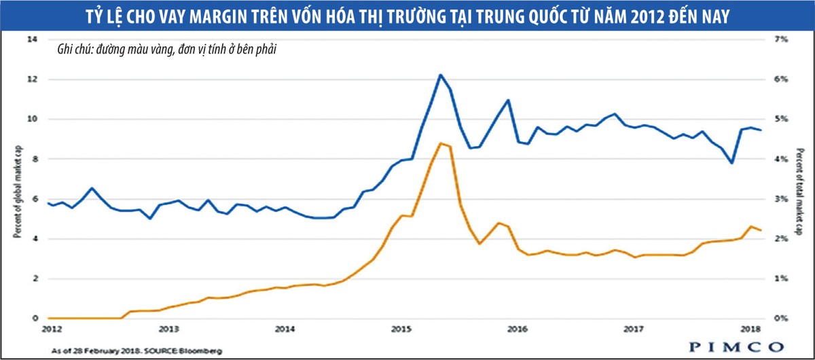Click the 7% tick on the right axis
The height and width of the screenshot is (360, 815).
[781, 39]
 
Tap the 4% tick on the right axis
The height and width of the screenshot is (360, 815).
[781, 159]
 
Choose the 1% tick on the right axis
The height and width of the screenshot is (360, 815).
[781, 278]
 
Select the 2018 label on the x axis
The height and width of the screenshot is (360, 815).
[750, 329]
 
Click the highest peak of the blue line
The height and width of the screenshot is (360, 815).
[440, 75]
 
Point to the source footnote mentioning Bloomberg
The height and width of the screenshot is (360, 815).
[136, 350]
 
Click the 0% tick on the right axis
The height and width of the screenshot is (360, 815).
[781, 319]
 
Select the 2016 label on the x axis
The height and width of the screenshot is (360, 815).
[518, 329]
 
